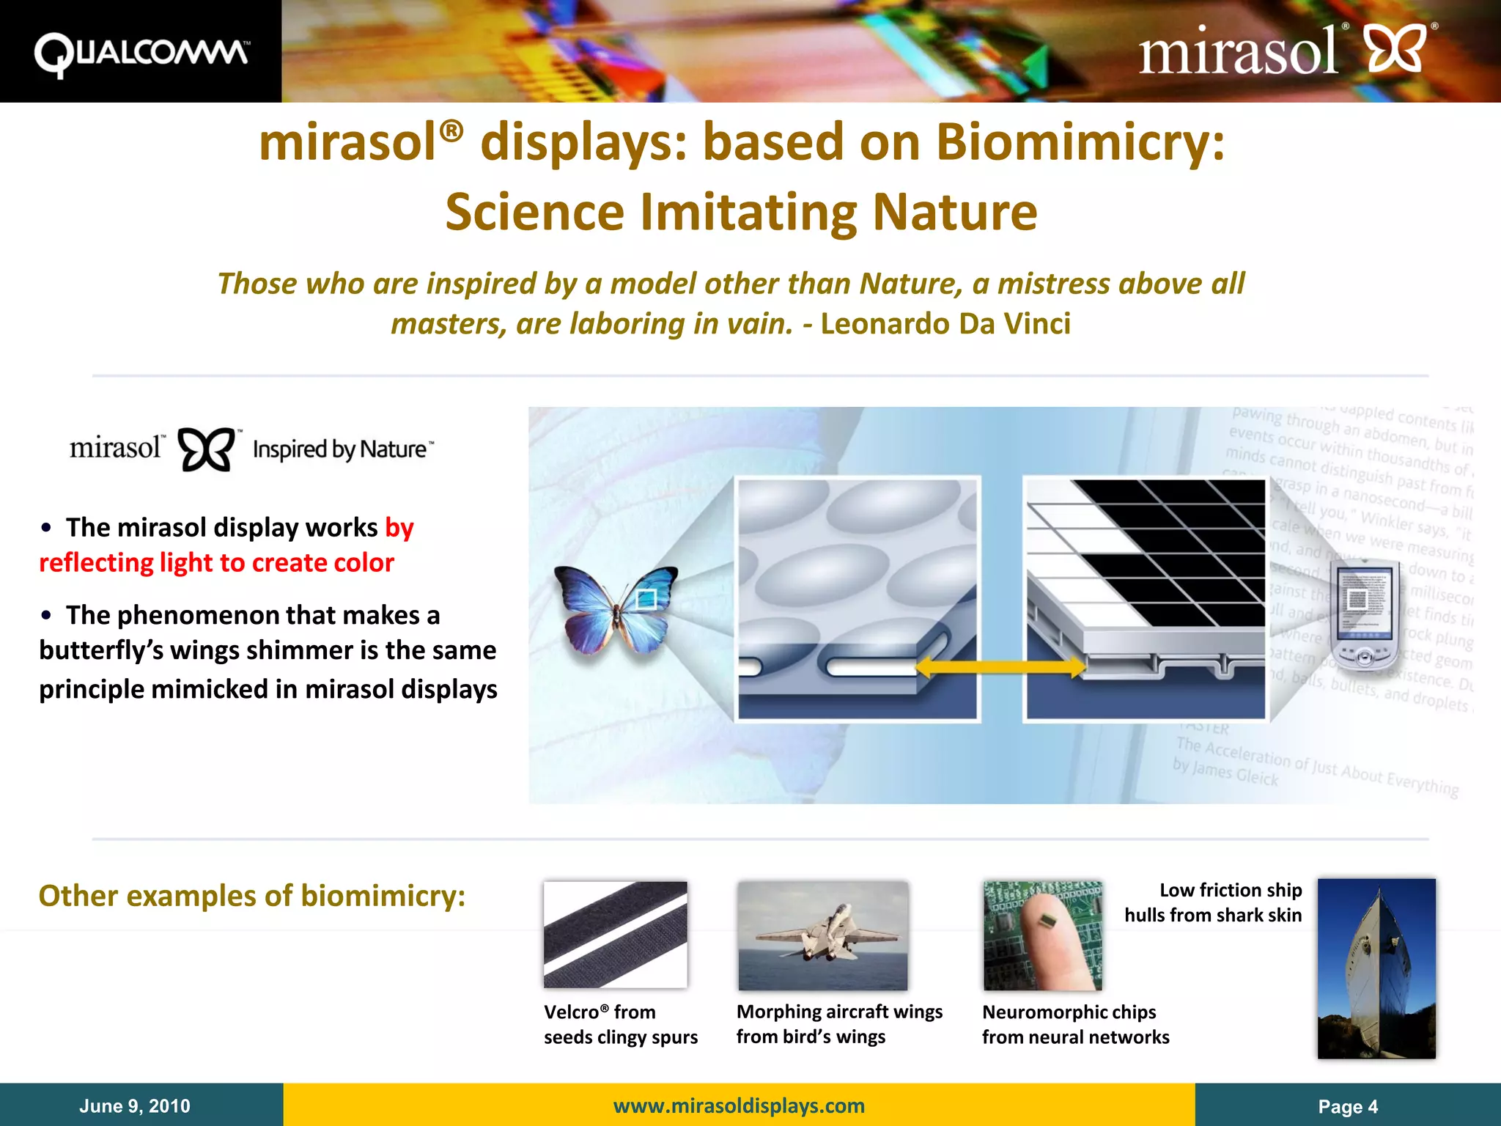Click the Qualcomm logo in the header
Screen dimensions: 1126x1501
tap(141, 53)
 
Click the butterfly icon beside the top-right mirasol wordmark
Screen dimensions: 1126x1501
tap(1397, 49)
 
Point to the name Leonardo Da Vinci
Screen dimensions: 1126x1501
tap(945, 323)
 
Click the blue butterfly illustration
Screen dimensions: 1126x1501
tap(616, 608)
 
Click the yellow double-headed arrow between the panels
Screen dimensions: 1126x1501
tap(1000, 666)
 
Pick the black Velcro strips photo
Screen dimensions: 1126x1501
tap(616, 935)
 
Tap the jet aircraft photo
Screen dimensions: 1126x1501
tap(822, 935)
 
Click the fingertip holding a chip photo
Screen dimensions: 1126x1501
tap(1042, 935)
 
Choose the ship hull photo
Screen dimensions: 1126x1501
tap(1376, 968)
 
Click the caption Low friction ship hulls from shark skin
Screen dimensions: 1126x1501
tap(1214, 902)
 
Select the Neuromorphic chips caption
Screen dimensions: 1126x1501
tap(1075, 1024)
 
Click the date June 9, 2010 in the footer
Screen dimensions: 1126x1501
tap(135, 1105)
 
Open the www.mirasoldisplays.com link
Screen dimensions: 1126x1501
tap(739, 1105)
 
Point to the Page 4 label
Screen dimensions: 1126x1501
tap(1347, 1106)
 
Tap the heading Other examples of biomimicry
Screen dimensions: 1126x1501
tap(252, 896)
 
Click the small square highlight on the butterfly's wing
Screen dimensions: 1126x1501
tap(646, 599)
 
